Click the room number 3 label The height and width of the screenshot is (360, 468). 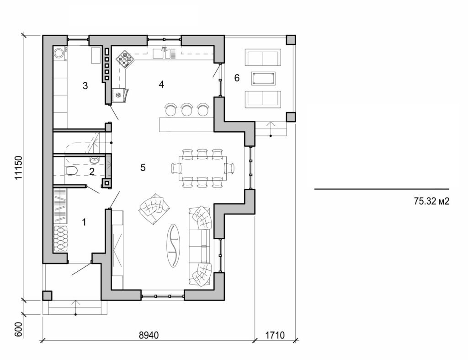pos(85,86)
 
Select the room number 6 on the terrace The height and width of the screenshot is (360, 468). pos(237,78)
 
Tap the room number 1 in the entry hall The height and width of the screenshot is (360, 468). pos(84,222)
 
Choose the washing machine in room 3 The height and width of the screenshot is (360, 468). pos(60,54)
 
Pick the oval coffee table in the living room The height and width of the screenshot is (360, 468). pos(174,244)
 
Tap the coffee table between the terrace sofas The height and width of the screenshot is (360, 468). pos(264,78)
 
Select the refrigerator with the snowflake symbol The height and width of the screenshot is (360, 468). pos(118,95)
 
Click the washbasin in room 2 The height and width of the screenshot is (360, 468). pos(95,160)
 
